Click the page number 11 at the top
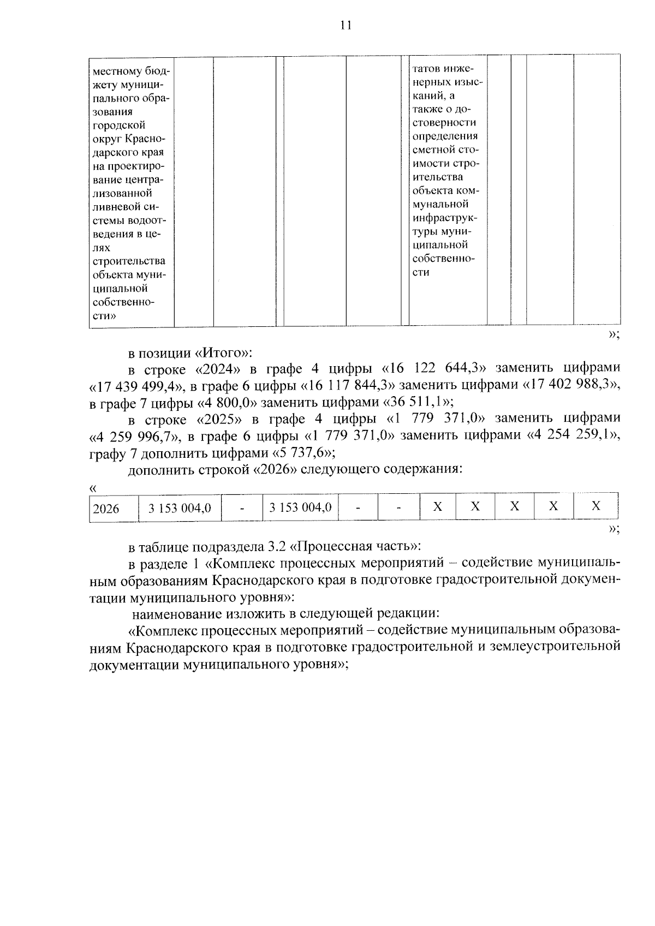(345, 25)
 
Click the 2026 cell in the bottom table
(106, 509)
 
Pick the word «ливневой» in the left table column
(115, 207)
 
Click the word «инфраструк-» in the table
(444, 218)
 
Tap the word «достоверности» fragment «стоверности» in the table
(444, 122)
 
